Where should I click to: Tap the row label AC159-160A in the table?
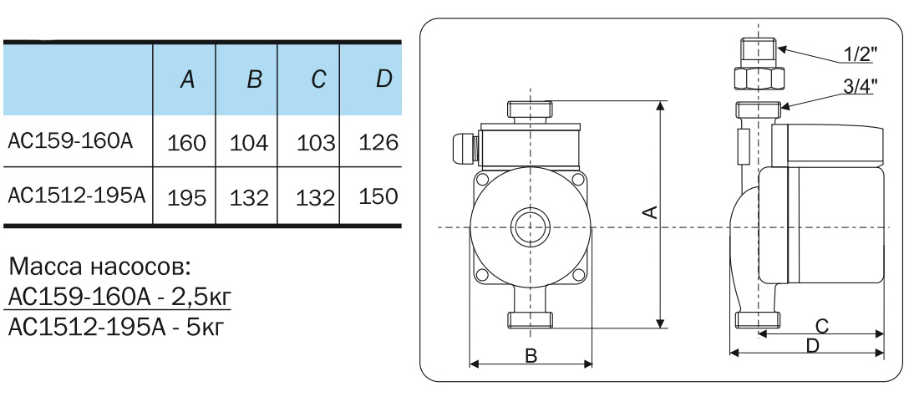(70, 140)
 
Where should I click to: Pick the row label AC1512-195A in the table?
(77, 196)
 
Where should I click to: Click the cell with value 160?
(186, 143)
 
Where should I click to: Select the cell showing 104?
(249, 143)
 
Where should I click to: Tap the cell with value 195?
(186, 198)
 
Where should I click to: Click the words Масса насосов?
(100, 269)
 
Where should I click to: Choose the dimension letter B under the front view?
(531, 355)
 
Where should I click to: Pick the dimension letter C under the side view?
(821, 324)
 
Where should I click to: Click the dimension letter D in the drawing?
(811, 345)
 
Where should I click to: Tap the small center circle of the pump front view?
(530, 226)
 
